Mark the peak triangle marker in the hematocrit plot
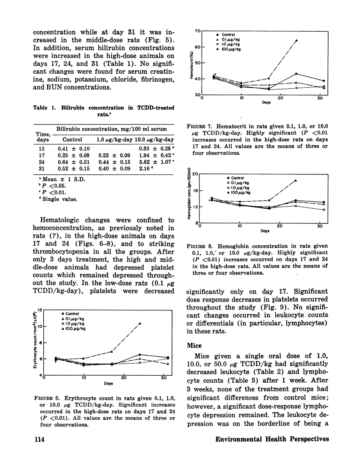(296, 41)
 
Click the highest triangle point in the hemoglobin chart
(295, 181)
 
